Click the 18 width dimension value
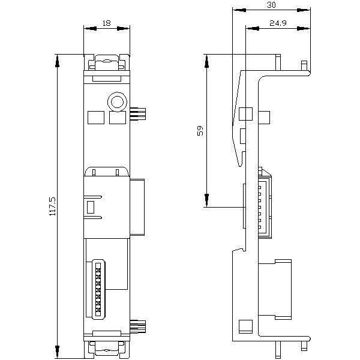tap(107, 23)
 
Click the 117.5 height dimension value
tap(53, 206)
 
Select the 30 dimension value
tap(271, 5)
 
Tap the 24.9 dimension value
tap(278, 23)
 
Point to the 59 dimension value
tap(200, 130)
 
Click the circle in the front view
tap(117, 102)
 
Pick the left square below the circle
tap(96, 118)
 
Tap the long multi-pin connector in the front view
tap(98, 289)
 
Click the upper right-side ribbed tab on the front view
tap(138, 114)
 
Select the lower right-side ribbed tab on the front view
tap(138, 326)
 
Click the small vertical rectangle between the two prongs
tap(91, 207)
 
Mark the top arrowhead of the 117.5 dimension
tap(58, 61)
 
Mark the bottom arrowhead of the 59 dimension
tap(207, 200)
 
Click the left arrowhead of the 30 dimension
tap(239, 10)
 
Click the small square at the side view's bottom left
tap(245, 326)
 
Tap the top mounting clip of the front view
tap(107, 62)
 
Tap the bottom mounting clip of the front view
tap(107, 349)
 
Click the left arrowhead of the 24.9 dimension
tap(253, 28)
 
